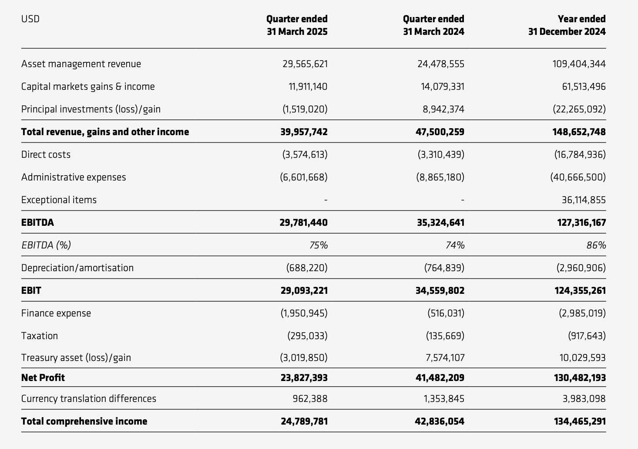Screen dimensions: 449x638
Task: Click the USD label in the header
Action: point(30,19)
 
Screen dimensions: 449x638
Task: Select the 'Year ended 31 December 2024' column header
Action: point(567,25)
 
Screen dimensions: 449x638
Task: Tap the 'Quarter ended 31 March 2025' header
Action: point(297,25)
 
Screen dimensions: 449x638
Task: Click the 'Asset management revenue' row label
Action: point(81,64)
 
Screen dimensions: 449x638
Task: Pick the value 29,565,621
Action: point(305,64)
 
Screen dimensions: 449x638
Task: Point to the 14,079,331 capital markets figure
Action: point(442,86)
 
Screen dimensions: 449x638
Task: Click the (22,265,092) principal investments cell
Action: point(579,109)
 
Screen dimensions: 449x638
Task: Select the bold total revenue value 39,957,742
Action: point(304,132)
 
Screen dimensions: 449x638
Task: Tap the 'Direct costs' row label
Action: point(46,154)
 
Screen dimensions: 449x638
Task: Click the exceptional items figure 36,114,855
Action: point(583,200)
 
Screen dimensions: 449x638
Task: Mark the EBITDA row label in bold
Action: point(37,222)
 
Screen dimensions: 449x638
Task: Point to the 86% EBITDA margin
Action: point(596,245)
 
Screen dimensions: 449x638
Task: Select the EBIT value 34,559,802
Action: point(440,290)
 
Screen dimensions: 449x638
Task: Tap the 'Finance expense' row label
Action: point(56,313)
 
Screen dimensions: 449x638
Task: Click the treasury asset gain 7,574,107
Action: point(445,358)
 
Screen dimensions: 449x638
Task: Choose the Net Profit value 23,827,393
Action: point(304,378)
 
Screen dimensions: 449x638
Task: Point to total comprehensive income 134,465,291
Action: point(580,421)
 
